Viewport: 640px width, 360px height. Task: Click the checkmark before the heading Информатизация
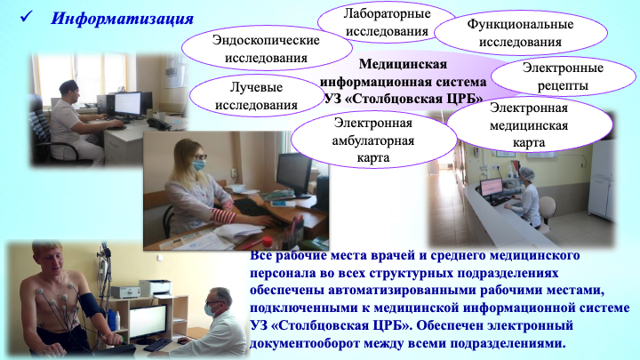pos(26,17)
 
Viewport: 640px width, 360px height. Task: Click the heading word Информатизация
pos(122,19)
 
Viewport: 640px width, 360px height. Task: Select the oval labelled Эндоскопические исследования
pos(266,49)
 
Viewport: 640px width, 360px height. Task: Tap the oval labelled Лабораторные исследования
pos(387,22)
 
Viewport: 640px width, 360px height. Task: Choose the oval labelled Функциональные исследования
pos(520,33)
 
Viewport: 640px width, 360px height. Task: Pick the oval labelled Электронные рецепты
pos(563,76)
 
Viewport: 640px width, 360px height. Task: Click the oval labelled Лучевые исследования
pos(256,96)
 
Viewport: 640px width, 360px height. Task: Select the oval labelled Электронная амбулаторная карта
pos(373,140)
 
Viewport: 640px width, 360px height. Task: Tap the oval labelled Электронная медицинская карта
pos(529,125)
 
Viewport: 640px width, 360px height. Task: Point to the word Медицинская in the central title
pos(403,64)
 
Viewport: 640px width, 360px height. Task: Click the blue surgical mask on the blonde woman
pos(199,165)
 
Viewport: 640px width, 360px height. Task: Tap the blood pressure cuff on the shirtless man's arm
pos(92,305)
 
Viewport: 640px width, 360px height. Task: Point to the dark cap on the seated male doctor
pos(68,85)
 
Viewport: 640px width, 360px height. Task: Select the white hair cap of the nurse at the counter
pos(527,173)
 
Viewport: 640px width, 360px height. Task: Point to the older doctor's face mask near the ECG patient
pos(210,309)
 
